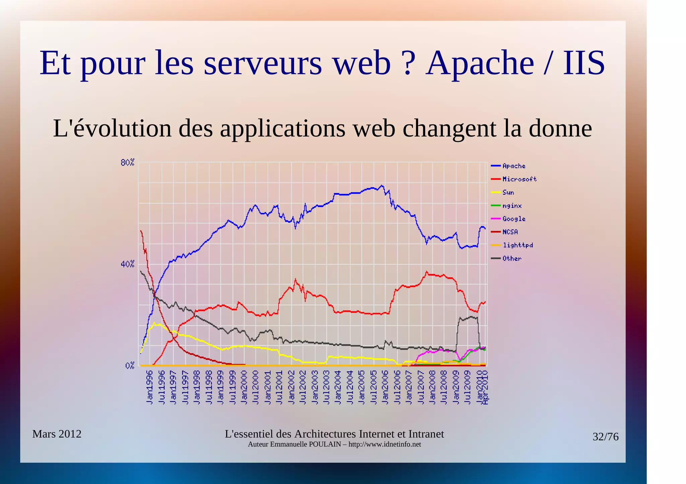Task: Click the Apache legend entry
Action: point(514,166)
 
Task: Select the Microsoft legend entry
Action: point(519,179)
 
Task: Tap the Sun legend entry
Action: point(508,192)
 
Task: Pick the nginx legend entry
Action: point(512,206)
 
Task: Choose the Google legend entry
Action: point(514,219)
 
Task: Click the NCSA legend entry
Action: point(510,232)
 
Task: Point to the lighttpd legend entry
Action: point(518,245)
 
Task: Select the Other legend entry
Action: point(512,259)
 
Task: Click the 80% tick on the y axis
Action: point(127,163)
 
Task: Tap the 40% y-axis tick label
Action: point(127,264)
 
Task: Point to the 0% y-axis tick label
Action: point(130,366)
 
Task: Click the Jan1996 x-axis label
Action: point(150,387)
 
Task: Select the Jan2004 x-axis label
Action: point(338,387)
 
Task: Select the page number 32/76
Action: point(605,437)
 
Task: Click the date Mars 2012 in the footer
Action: point(57,434)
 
